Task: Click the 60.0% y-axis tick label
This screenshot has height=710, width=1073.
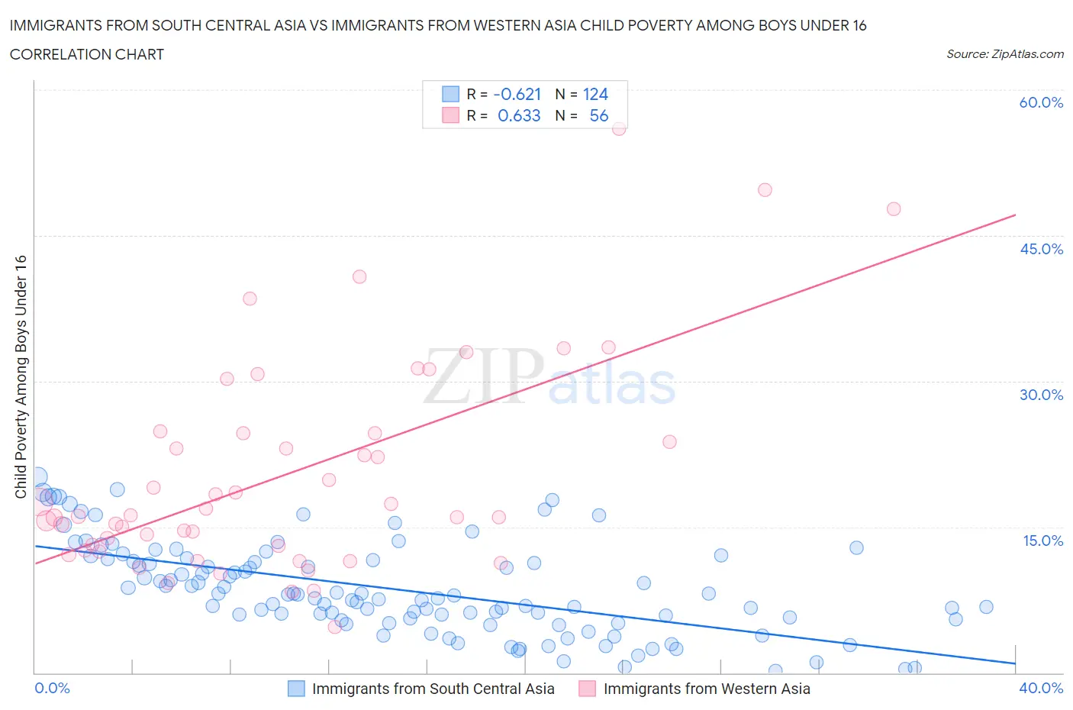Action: [1041, 102]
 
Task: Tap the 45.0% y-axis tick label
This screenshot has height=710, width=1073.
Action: [1041, 249]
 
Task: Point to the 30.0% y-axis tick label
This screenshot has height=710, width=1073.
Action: [1041, 395]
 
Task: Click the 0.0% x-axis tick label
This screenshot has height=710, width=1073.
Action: [52, 688]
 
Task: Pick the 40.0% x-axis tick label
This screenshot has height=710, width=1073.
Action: [1041, 688]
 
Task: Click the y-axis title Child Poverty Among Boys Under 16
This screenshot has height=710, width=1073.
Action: [21, 376]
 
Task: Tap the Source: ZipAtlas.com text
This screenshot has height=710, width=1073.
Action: [1004, 54]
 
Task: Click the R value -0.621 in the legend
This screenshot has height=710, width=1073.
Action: [517, 94]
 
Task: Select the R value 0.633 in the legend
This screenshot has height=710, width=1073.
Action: [519, 115]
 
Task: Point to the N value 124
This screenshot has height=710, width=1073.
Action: [595, 94]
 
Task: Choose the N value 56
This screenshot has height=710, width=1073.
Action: [598, 115]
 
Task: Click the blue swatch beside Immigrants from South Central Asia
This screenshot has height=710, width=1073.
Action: [296, 689]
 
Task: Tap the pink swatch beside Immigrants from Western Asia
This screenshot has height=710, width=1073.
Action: [587, 689]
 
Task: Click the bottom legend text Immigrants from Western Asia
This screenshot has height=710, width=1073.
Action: [707, 689]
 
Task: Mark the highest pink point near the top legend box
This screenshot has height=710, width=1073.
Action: [619, 128]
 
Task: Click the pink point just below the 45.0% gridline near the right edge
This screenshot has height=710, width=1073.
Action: [894, 208]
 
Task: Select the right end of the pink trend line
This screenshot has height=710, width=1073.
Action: [1015, 215]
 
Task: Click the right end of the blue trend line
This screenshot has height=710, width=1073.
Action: [1015, 663]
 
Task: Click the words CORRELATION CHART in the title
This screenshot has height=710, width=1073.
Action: [87, 54]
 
